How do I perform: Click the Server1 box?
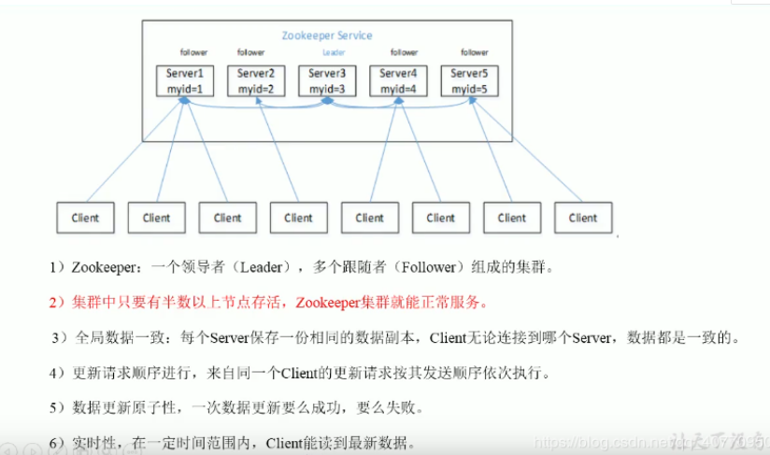click(185, 80)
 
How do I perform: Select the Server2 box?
click(256, 80)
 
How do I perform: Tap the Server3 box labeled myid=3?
click(327, 80)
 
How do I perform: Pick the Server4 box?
click(398, 80)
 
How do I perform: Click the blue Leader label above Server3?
click(333, 52)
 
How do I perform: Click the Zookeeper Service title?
click(327, 36)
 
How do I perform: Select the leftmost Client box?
click(85, 218)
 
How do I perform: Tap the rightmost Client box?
click(582, 218)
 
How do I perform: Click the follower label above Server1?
click(193, 52)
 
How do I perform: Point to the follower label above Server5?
click(475, 52)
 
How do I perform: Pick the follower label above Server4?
click(404, 52)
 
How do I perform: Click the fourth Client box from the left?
click(298, 218)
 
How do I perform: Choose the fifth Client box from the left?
click(369, 218)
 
